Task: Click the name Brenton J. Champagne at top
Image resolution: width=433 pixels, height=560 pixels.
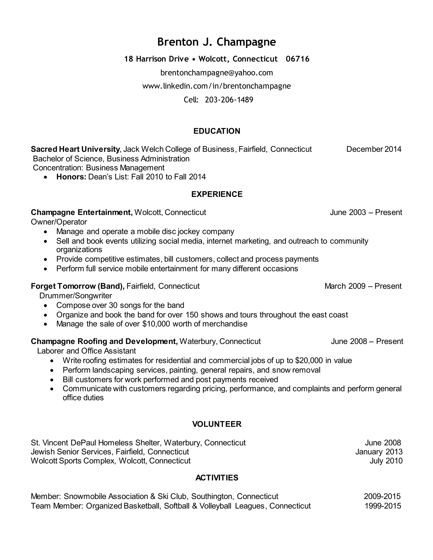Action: [216, 42]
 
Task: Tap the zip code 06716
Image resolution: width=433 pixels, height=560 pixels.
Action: [297, 59]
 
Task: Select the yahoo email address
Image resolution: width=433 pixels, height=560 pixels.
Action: [216, 73]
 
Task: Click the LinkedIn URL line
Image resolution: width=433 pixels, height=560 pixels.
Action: [216, 86]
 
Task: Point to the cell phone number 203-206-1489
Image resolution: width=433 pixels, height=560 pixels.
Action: [229, 100]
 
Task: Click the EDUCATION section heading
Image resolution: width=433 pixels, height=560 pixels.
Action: [216, 131]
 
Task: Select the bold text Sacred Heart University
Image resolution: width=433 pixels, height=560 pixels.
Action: [75, 149]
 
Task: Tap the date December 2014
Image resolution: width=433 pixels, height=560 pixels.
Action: [374, 149]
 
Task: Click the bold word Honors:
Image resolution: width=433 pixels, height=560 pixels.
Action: [71, 177]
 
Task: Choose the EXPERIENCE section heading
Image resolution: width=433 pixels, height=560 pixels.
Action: [216, 194]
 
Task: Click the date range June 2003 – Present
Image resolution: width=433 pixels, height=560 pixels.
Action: [366, 212]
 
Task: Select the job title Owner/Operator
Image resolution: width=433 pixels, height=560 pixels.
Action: [59, 222]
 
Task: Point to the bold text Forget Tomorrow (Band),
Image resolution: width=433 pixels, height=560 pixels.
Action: [77, 286]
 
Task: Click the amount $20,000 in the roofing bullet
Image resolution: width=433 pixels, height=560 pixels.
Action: [309, 361]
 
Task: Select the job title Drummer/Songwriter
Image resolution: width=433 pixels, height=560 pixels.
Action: [75, 296]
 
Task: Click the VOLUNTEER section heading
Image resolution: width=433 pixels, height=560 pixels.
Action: [216, 424]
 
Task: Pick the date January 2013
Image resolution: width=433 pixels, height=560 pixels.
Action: [379, 452]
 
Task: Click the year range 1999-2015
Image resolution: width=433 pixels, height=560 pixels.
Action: [382, 506]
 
